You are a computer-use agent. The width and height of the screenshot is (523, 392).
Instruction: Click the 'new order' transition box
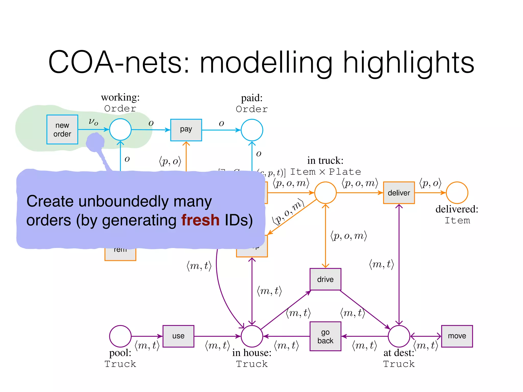click(x=62, y=129)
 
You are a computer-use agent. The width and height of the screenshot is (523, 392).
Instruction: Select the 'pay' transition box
click(x=186, y=130)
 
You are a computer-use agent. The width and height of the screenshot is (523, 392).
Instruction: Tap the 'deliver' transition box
click(x=399, y=193)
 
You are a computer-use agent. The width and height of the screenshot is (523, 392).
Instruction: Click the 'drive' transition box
click(x=325, y=279)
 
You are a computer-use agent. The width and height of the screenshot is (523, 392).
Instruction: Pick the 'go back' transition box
click(x=325, y=336)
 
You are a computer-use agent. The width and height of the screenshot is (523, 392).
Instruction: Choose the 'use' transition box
click(x=178, y=336)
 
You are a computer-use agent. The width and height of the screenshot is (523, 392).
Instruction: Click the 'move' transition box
click(x=457, y=336)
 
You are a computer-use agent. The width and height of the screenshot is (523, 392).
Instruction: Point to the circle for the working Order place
click(x=120, y=129)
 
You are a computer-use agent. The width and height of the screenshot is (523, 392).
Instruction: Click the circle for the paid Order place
click(x=252, y=130)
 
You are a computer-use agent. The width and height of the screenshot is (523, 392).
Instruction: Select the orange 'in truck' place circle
click(x=325, y=193)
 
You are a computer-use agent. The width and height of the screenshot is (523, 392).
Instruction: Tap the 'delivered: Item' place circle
click(x=457, y=193)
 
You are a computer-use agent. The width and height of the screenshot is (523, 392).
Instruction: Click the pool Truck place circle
click(x=120, y=336)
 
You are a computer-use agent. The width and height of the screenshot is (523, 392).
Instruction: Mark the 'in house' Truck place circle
click(x=252, y=336)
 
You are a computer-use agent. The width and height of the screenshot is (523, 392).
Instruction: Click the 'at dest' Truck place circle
click(x=399, y=336)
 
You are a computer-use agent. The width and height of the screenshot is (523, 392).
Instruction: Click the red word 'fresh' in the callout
click(x=200, y=220)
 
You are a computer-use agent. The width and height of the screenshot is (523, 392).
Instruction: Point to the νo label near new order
click(x=93, y=122)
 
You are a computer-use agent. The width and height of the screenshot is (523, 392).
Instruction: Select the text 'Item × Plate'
click(x=326, y=172)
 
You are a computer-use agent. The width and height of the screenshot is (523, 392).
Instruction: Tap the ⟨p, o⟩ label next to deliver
click(x=430, y=183)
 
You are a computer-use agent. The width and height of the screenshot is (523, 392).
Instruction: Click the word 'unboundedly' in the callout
click(x=124, y=201)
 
